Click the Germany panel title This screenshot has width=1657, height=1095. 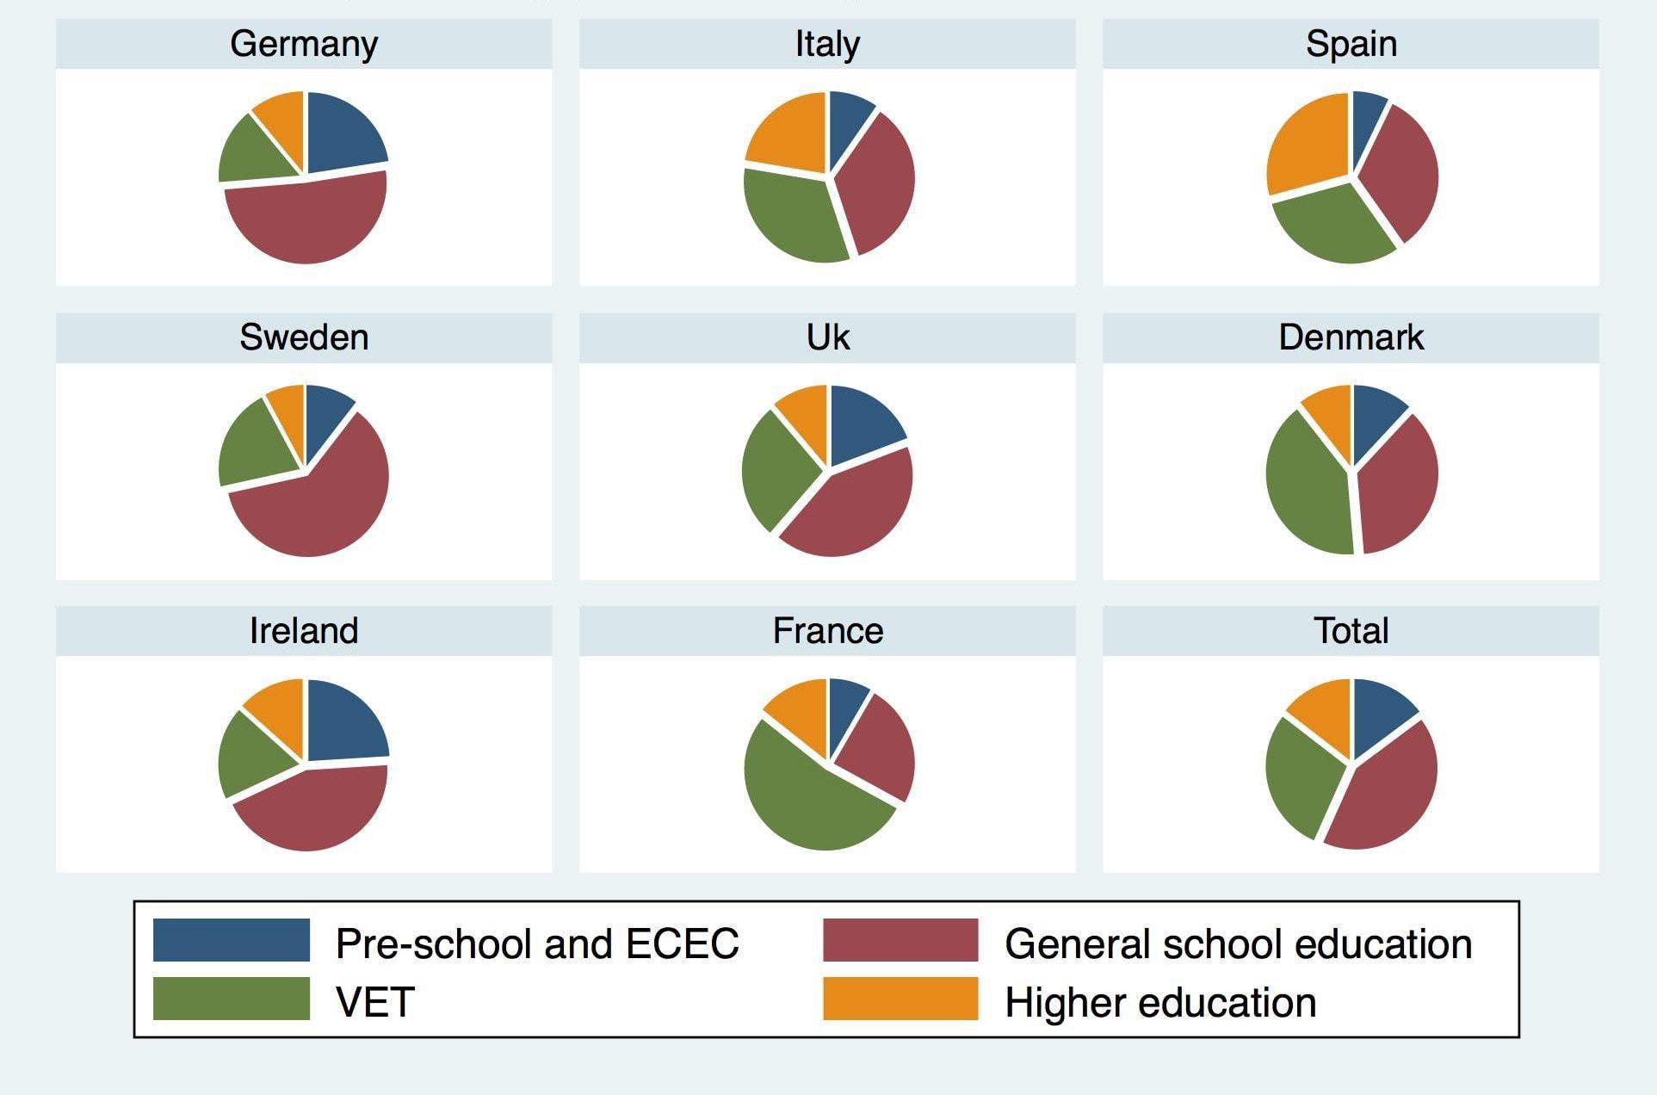[x=304, y=44]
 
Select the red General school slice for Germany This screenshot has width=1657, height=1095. [x=306, y=220]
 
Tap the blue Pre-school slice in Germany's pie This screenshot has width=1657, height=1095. [x=340, y=133]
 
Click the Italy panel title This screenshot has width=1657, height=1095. [x=827, y=44]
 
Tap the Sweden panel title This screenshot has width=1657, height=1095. [x=304, y=337]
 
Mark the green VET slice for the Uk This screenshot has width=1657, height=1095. [x=773, y=469]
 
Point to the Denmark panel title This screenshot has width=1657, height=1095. [x=1351, y=337]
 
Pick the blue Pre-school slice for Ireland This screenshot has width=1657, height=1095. [x=343, y=721]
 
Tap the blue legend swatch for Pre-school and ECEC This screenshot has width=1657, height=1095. [x=231, y=940]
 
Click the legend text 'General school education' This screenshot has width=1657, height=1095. [x=1238, y=943]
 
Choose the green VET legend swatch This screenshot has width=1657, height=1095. [x=231, y=999]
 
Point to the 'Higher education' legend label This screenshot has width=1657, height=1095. [x=1160, y=1002]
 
